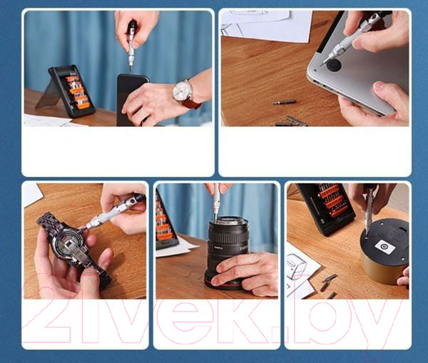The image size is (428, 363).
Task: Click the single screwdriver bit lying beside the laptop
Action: [x=285, y=103]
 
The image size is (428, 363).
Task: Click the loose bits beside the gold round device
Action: [x=328, y=286]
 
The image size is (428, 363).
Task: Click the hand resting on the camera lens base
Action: [x=244, y=274]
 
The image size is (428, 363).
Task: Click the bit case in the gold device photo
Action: [x=326, y=207]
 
